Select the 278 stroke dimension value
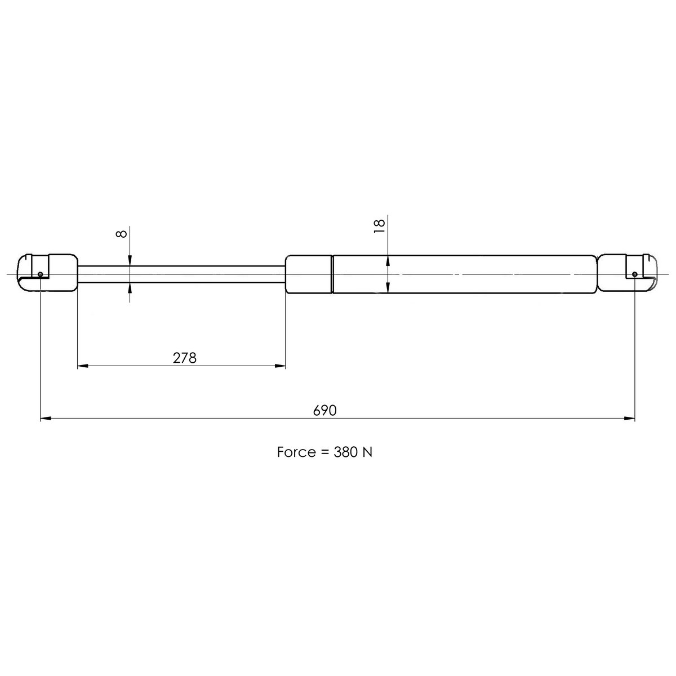[x=185, y=358]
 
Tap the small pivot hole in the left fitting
[x=41, y=274]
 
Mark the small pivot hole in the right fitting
[x=635, y=274]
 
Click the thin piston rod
[x=180, y=274]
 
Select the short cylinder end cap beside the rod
[x=309, y=274]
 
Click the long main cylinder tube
[x=462, y=274]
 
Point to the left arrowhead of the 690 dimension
[x=46, y=419]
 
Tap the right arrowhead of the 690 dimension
[x=630, y=419]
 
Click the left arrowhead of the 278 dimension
[x=82, y=366]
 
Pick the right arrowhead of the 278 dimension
[x=280, y=366]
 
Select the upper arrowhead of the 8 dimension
[x=130, y=260]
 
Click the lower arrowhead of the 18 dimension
[x=388, y=288]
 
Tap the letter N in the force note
[x=367, y=452]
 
